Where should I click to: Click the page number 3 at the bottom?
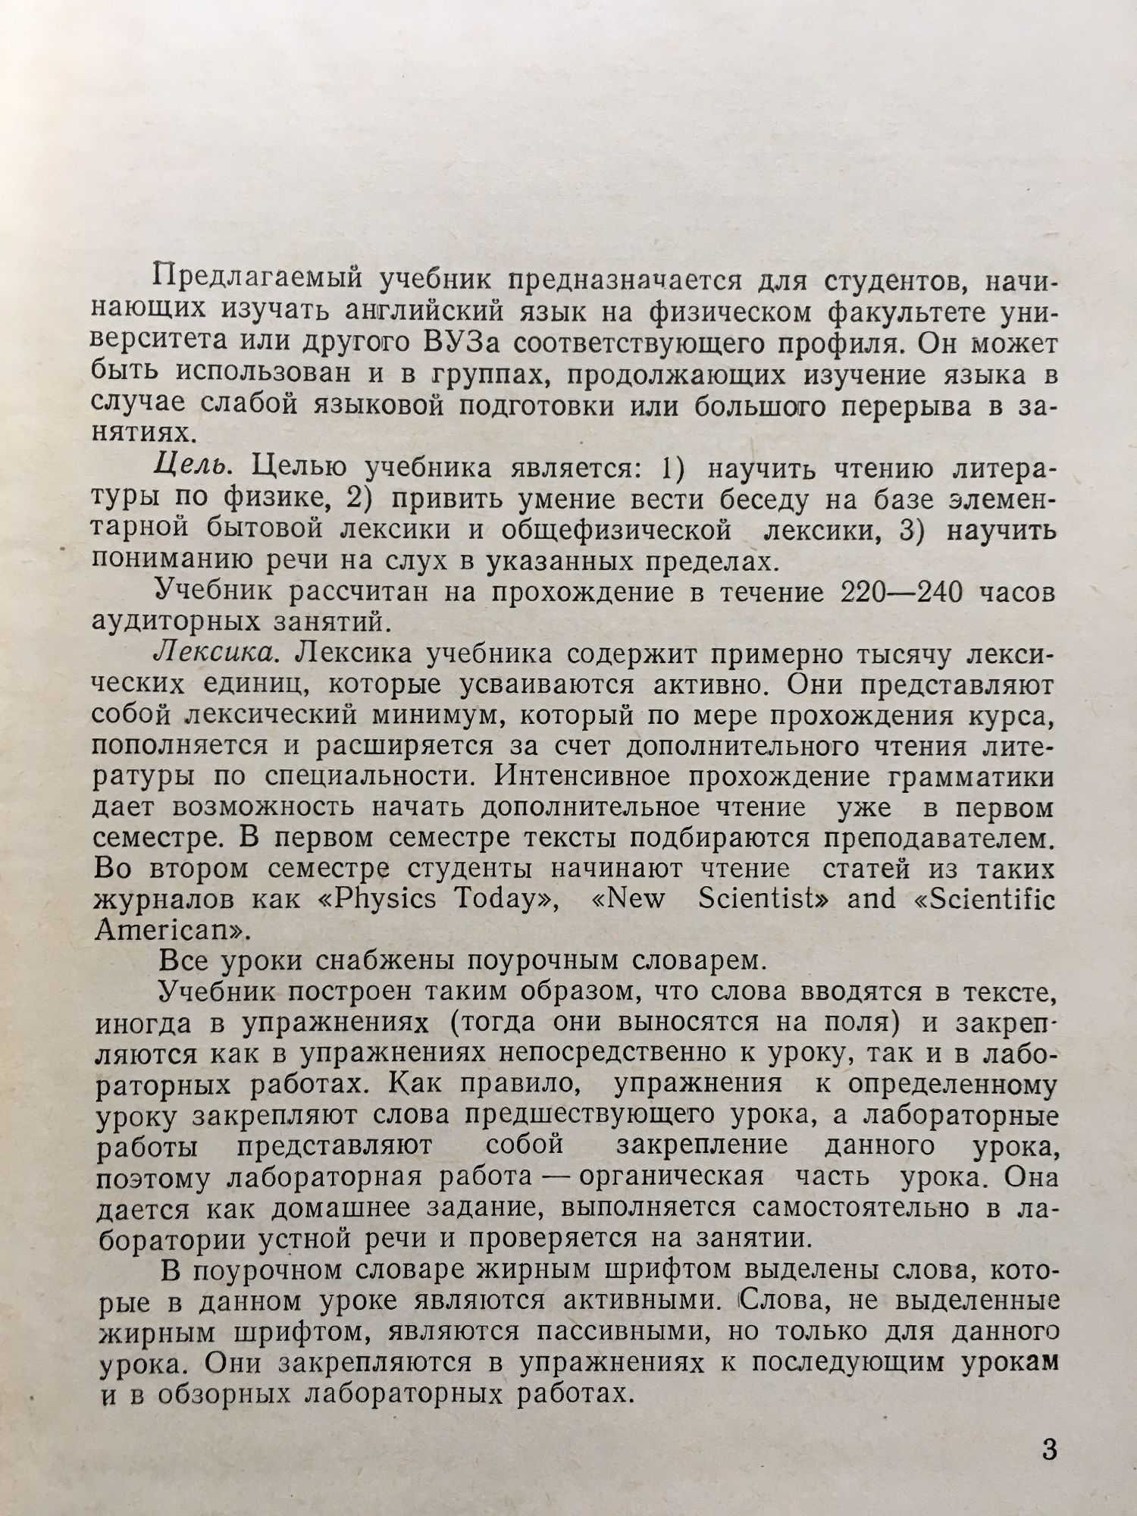click(1049, 1451)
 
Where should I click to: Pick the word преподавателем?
click(939, 839)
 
